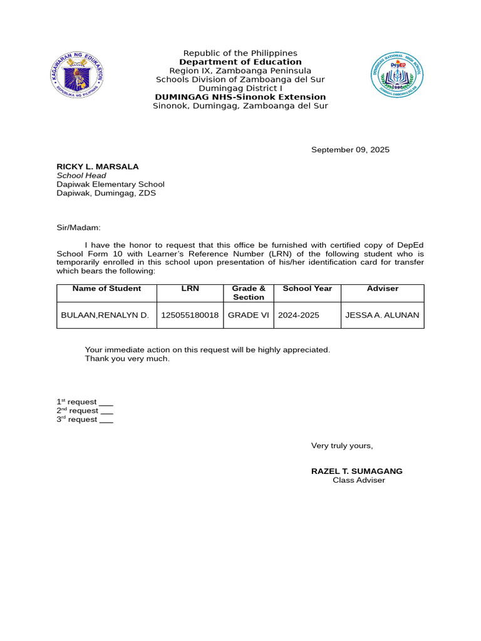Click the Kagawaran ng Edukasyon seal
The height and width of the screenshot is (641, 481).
pos(77,76)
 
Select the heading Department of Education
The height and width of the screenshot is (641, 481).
pos(240,62)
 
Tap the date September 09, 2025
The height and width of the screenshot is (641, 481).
pos(350,150)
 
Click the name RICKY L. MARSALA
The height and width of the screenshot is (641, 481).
pos(98,167)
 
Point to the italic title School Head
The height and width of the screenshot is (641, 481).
pos(81,175)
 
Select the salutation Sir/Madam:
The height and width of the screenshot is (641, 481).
pos(78,228)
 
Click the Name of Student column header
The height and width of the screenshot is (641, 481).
pos(106,289)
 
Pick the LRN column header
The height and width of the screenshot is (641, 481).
pos(190,289)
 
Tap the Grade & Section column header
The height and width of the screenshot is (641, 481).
pos(249,293)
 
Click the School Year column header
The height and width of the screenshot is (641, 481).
pos(308,289)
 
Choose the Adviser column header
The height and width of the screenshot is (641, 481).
pos(382,289)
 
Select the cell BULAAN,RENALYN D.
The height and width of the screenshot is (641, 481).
pos(105,315)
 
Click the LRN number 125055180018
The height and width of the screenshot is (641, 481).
pos(190,315)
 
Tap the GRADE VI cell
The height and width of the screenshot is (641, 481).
pos(248,315)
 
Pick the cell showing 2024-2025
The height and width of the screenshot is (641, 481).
pos(299,315)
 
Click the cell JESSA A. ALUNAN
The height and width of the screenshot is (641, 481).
pos(383,315)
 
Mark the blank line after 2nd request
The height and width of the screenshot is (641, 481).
pos(106,412)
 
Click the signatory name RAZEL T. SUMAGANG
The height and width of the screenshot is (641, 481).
pos(357,471)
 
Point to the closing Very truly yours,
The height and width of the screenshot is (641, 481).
pos(342,446)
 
